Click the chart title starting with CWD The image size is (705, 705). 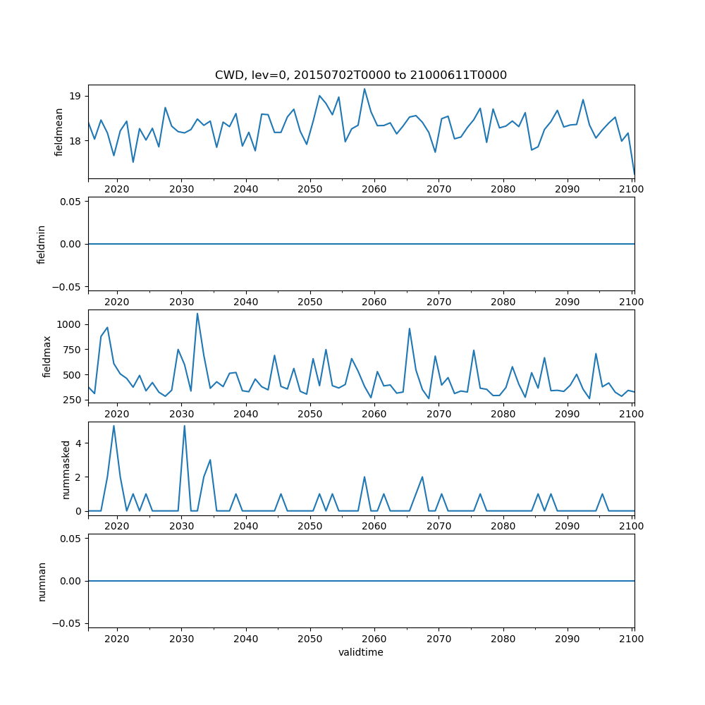point(360,75)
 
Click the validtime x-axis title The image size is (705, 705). point(360,653)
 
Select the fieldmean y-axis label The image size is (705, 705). point(59,132)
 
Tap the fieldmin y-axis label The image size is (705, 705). point(42,244)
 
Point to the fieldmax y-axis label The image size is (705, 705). point(47,357)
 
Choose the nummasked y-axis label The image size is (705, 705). point(66,470)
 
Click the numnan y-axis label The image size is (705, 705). point(42,581)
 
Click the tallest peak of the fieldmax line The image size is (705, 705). point(197,314)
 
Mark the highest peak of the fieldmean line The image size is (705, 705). point(364,89)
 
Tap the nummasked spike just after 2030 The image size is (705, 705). point(185,426)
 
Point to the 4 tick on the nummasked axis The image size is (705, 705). point(80,443)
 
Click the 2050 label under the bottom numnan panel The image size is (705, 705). point(309,638)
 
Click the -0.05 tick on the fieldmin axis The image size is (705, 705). point(68,286)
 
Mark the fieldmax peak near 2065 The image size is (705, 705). point(410,329)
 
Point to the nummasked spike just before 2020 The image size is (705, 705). point(114,426)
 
